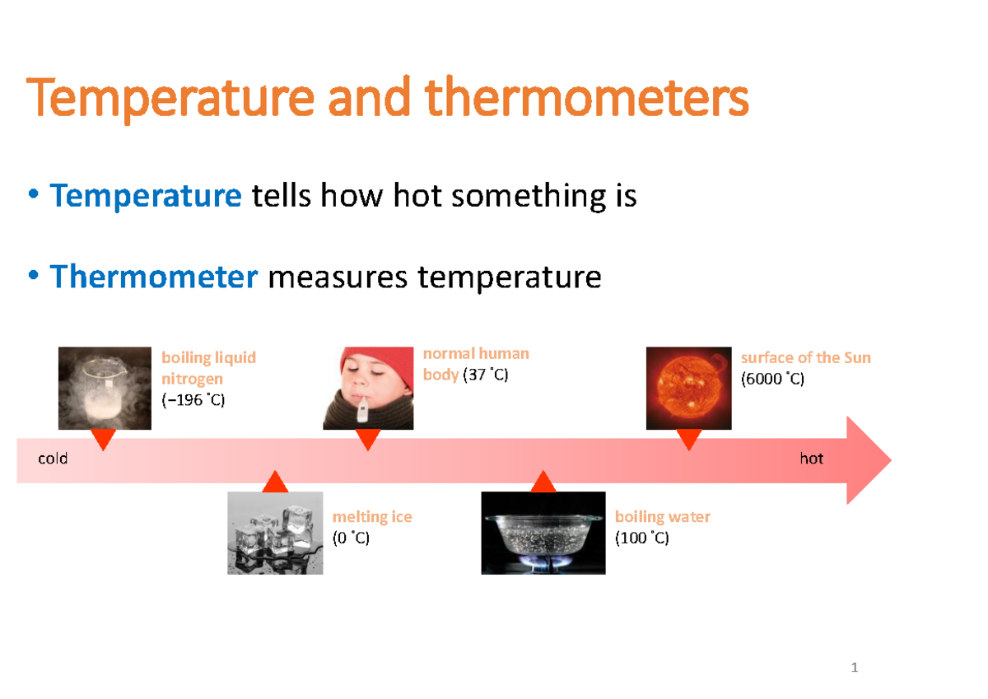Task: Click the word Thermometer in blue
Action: (x=153, y=277)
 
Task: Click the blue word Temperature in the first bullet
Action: (x=146, y=195)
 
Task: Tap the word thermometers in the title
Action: (x=586, y=96)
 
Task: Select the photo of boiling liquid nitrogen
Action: (x=105, y=388)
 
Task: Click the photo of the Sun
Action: (x=689, y=388)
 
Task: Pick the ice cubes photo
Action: (x=275, y=533)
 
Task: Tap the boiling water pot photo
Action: (x=543, y=533)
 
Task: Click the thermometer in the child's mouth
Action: (x=362, y=409)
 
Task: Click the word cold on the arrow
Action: (x=53, y=459)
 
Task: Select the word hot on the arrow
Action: (x=812, y=459)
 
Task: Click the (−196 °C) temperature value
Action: (x=193, y=400)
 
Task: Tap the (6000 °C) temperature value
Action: (x=773, y=379)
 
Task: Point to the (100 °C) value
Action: (x=642, y=538)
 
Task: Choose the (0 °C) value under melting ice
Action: (x=351, y=538)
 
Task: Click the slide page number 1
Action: (x=855, y=667)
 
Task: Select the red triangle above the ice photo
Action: (x=275, y=482)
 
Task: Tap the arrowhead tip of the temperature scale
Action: (x=891, y=460)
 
